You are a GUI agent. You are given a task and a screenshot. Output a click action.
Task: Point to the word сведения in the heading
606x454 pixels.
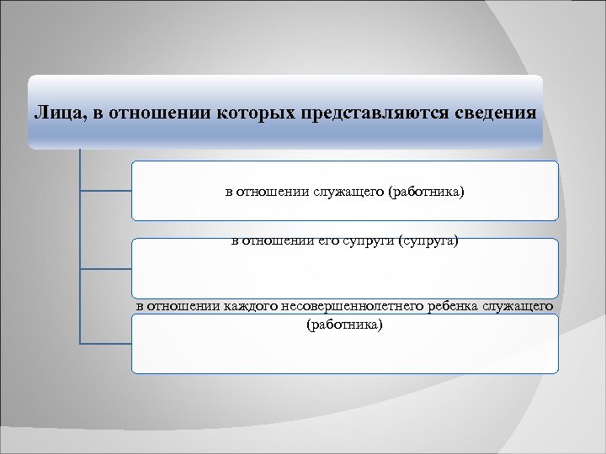click(496, 112)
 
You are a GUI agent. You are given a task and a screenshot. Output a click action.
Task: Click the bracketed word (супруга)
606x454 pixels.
click(428, 242)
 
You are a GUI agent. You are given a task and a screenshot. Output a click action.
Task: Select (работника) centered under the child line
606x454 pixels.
click(345, 323)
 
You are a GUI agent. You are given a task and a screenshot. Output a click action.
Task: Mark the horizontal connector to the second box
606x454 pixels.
click(105, 269)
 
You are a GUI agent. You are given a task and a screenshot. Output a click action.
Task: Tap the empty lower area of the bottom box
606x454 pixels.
click(345, 353)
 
